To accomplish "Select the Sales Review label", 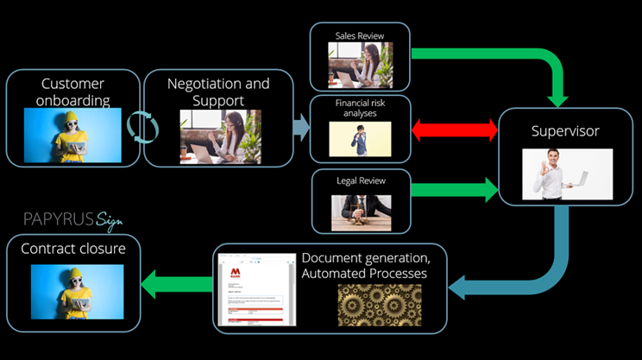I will [360, 35].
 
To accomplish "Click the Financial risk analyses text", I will [360, 108].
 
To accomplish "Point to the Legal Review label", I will [360, 181].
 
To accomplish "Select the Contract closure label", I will [72, 249].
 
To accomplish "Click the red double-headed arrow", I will [455, 131].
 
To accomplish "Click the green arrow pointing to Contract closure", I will [177, 281].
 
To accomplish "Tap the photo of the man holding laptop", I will [567, 174].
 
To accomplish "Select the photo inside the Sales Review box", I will [360, 66].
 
